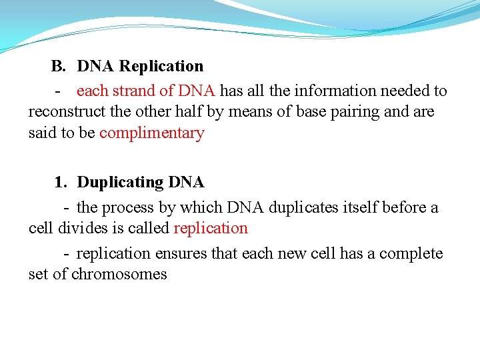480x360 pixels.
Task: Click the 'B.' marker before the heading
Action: point(59,66)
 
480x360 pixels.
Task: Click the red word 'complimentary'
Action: point(151,133)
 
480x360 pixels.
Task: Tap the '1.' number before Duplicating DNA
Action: point(61,182)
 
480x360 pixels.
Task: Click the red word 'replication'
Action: point(211,228)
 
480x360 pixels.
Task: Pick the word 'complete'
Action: point(412,253)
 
